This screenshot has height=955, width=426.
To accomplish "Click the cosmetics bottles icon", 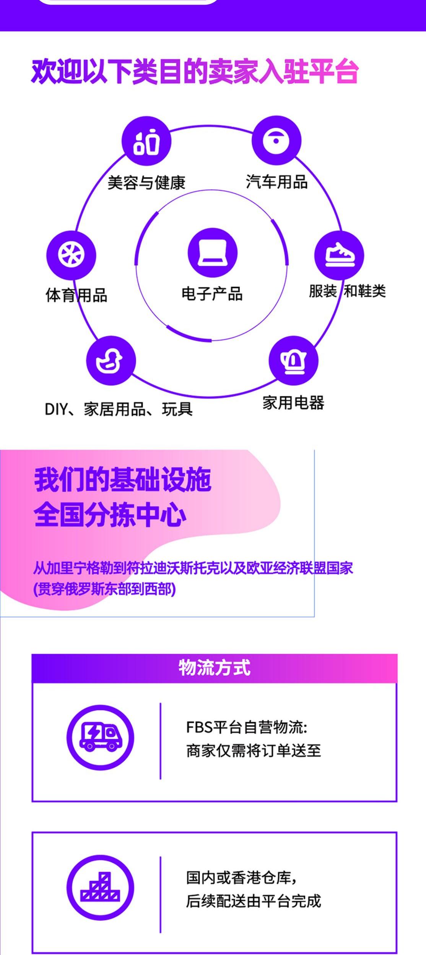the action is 146,141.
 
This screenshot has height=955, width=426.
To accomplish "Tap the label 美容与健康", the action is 146,183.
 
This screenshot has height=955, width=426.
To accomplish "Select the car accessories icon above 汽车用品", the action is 276,141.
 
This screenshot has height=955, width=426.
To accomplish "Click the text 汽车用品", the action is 276,182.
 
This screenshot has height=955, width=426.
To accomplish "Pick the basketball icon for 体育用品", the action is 71,255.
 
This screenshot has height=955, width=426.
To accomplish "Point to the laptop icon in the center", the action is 212,253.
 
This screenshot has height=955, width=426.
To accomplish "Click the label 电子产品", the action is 212,294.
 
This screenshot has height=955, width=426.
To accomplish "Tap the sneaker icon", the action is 339,255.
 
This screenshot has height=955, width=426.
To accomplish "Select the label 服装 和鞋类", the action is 347,291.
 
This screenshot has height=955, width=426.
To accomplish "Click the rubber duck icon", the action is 111,360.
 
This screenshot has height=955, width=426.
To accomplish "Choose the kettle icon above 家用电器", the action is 293,360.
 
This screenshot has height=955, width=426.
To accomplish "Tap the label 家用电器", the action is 293,403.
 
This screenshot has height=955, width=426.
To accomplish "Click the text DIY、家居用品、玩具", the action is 119,409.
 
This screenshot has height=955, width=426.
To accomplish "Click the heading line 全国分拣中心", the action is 110,515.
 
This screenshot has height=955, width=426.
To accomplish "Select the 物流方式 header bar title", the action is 214,667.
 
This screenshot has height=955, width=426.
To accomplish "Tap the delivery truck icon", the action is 100,737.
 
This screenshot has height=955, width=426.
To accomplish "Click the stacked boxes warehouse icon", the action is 100,887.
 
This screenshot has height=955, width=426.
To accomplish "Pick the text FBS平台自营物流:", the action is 247,727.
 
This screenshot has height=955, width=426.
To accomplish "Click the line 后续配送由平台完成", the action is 253,901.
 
